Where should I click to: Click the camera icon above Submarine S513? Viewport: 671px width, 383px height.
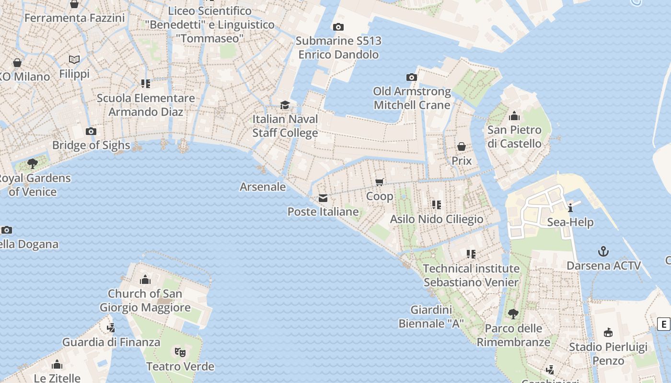tap(338, 27)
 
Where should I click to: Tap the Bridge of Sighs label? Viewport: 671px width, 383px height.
tap(91, 145)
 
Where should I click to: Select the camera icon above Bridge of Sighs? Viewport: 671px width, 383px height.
tap(91, 132)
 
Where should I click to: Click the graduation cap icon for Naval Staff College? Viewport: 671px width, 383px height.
tap(285, 105)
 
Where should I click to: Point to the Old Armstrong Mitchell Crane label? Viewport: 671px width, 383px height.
tap(412, 98)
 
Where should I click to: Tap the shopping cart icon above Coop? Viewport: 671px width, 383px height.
tap(380, 182)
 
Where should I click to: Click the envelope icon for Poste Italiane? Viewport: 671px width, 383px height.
tap(323, 198)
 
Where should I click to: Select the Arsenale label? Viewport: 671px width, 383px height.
tap(263, 187)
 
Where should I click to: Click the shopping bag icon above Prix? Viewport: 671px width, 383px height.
tap(462, 146)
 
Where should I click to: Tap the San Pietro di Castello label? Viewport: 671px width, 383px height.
tap(514, 136)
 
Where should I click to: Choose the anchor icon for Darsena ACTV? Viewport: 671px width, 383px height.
tap(603, 251)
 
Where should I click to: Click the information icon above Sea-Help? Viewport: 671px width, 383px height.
tap(570, 208)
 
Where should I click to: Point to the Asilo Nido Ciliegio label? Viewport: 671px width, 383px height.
tap(437, 219)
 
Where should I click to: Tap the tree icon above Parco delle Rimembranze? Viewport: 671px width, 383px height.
tap(513, 314)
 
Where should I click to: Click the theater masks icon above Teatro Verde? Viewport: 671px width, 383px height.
tap(180, 352)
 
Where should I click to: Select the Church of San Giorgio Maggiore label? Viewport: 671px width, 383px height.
tap(145, 301)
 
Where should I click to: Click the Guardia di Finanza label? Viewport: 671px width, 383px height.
tap(111, 342)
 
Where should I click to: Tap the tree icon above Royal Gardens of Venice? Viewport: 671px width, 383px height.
tap(33, 164)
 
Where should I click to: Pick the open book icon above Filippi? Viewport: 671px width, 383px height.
tap(74, 60)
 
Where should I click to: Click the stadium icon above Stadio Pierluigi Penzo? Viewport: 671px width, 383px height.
tap(608, 332)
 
